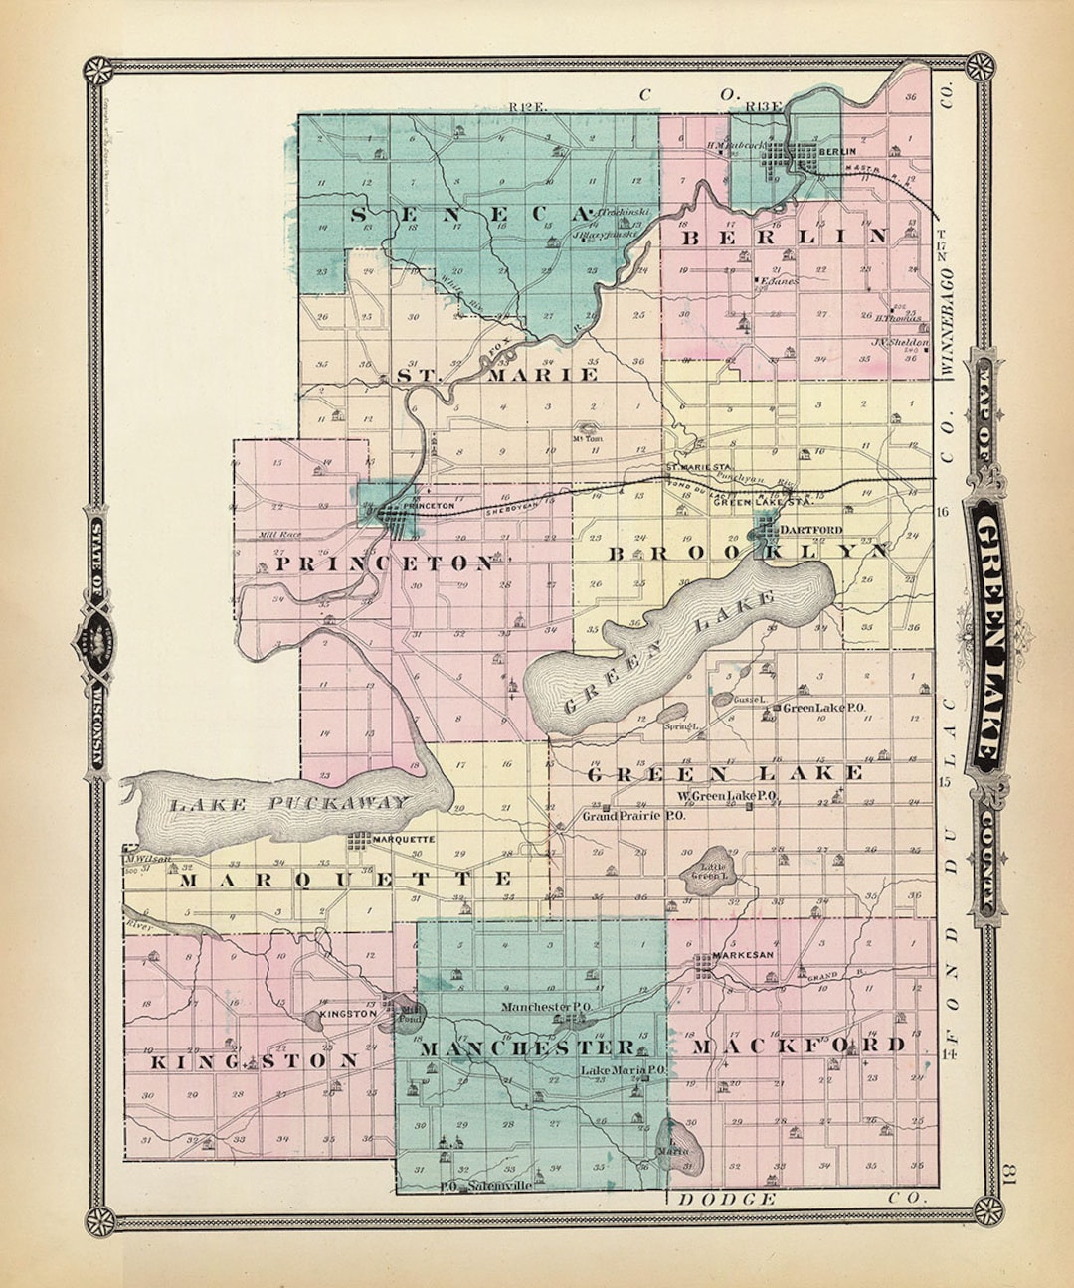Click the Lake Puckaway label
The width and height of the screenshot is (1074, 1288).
click(x=288, y=803)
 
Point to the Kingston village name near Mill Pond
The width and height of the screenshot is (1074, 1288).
click(x=347, y=1014)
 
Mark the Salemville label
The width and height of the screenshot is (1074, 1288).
click(x=506, y=1186)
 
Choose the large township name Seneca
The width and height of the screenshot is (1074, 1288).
click(x=467, y=214)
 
